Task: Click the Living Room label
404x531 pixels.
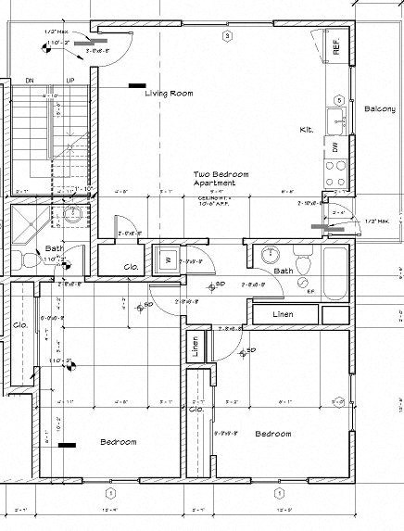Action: pos(169,93)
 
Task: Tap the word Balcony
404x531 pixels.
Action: pos(379,108)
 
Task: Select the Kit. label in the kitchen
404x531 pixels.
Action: pos(307,130)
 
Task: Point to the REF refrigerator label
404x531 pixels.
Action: pos(337,49)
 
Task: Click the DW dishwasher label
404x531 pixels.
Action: pos(335,146)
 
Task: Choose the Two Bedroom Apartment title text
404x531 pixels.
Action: pos(215,179)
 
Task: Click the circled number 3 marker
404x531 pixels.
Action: pos(226,35)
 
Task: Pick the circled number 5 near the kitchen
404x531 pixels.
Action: pos(340,100)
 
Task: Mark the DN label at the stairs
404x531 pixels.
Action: pos(28,80)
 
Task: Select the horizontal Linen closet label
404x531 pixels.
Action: pos(284,315)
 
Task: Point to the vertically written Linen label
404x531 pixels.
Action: pos(195,348)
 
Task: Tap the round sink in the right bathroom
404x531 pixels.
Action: pos(271,256)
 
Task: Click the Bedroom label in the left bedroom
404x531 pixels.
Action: pos(119,441)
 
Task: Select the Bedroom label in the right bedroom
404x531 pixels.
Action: pos(273,434)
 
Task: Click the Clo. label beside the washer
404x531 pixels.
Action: pos(131,269)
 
